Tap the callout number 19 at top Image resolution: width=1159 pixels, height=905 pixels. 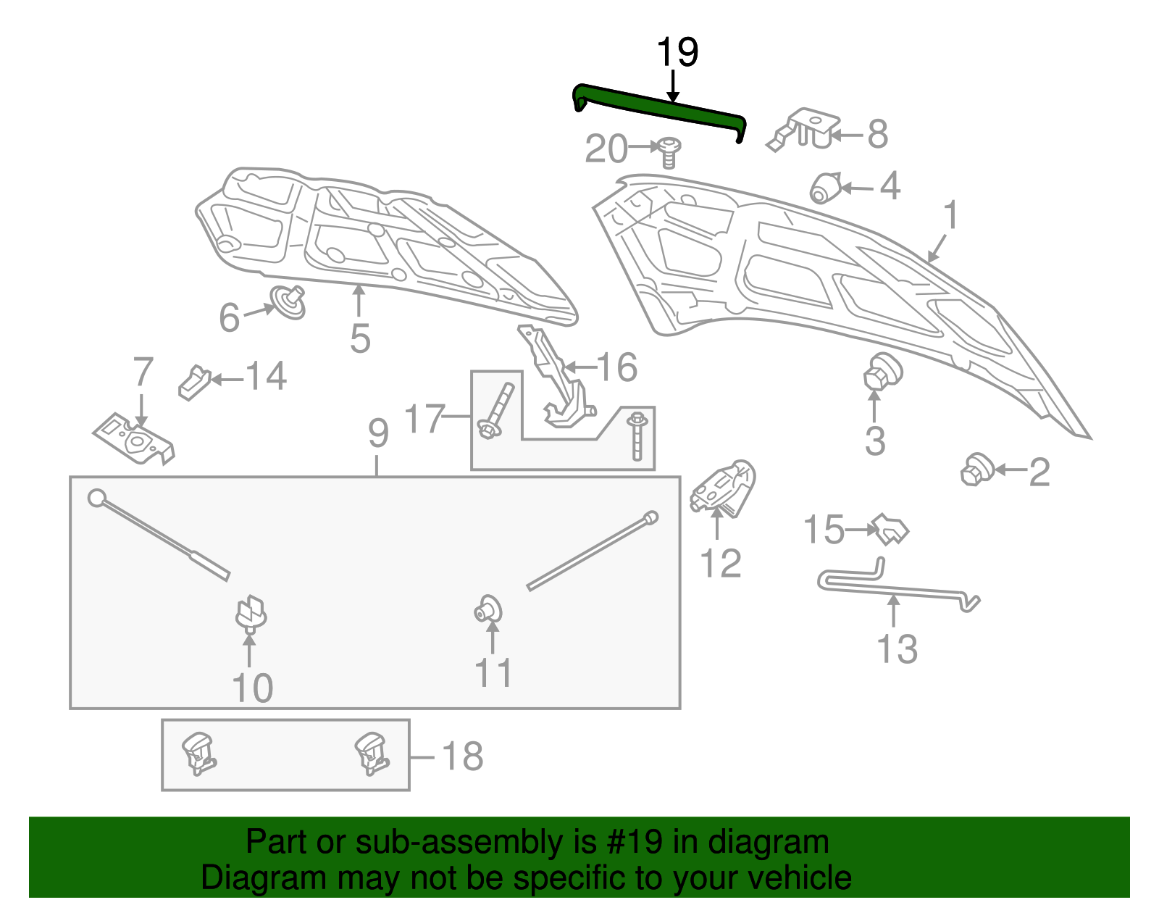677,53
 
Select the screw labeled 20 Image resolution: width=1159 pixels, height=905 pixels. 670,153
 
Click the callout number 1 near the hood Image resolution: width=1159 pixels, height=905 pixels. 951,215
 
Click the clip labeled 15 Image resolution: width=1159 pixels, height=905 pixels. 890,529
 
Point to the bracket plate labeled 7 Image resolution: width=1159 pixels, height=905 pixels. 135,438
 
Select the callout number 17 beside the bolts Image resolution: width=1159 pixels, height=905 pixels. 424,419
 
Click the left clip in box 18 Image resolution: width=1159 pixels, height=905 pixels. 198,754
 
